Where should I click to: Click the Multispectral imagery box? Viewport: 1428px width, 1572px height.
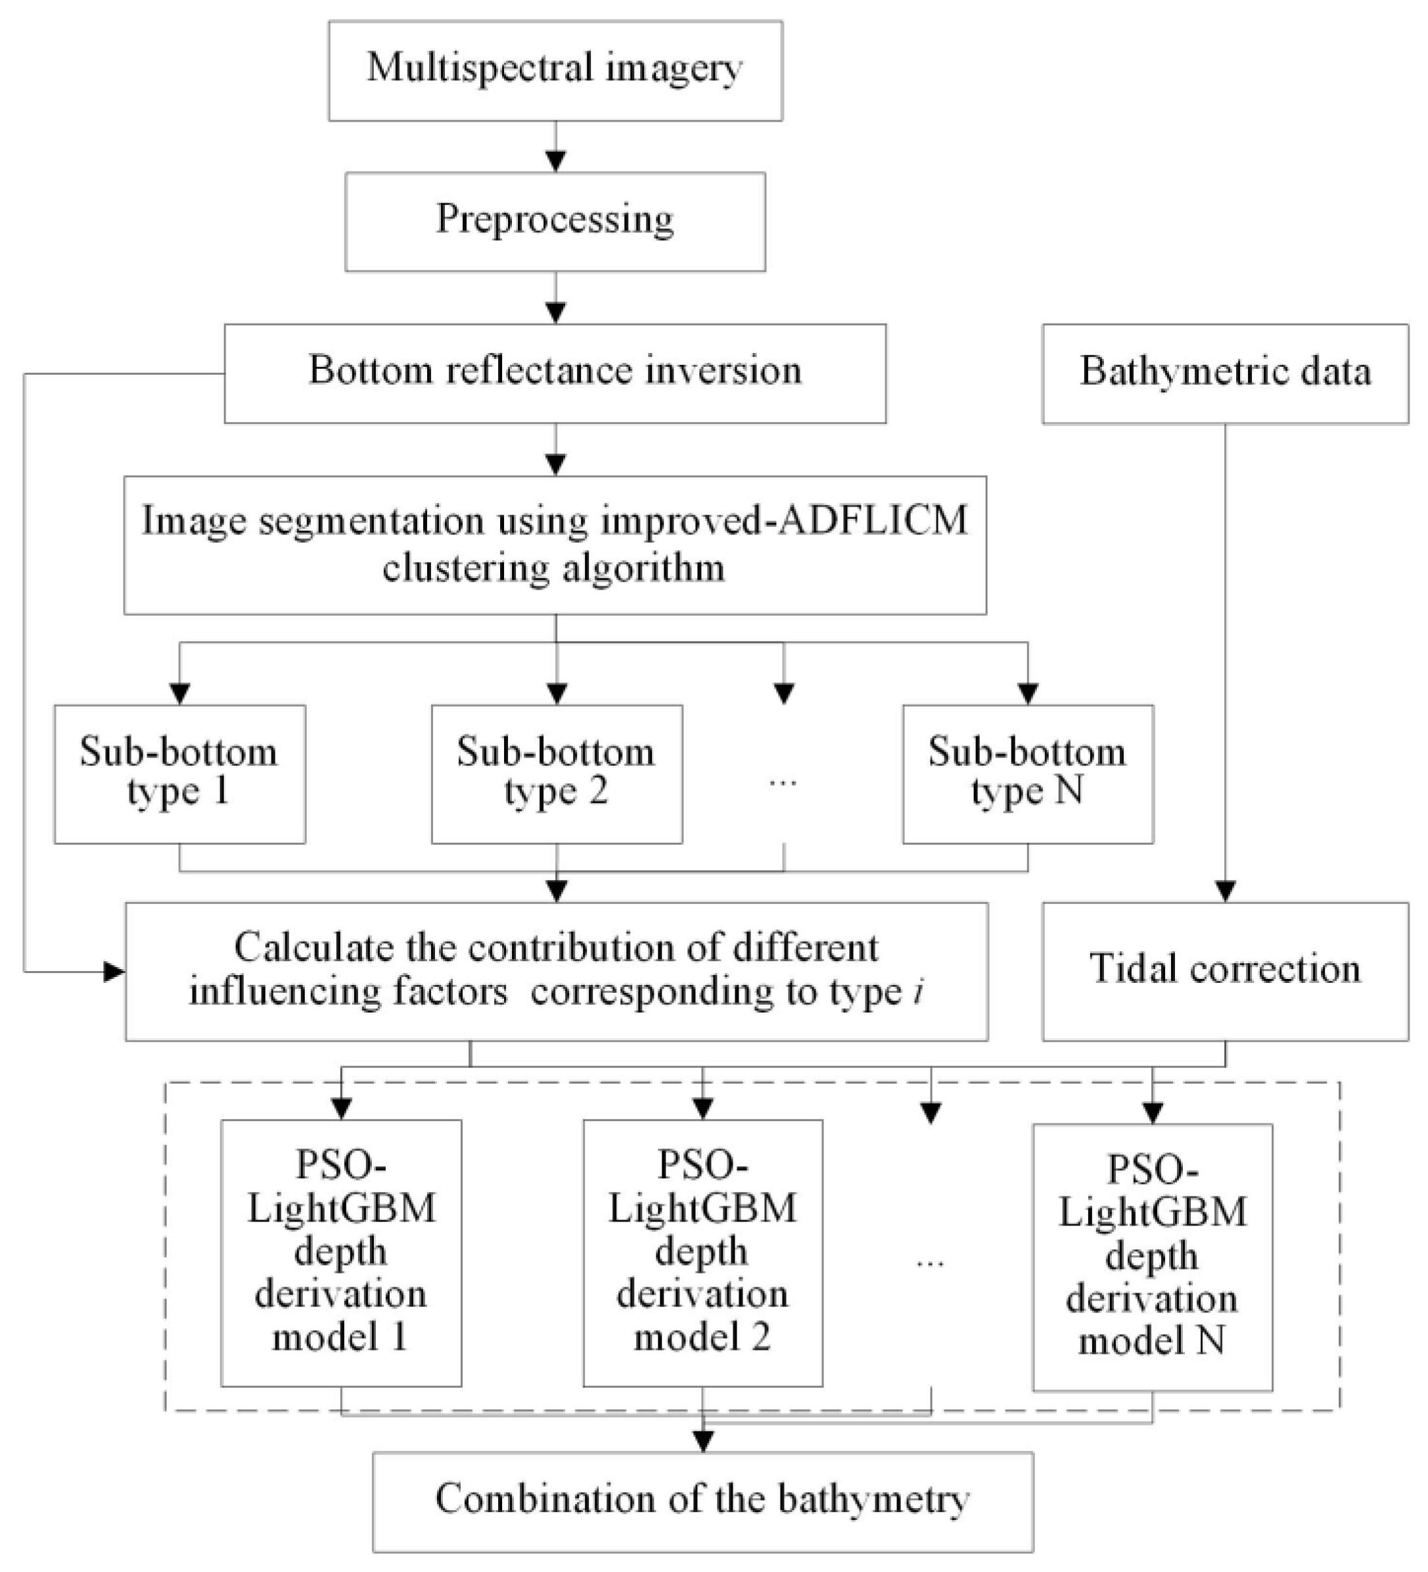(x=555, y=70)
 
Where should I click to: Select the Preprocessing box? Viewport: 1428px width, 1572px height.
(x=555, y=222)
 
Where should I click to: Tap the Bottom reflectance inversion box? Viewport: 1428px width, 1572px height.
(x=555, y=373)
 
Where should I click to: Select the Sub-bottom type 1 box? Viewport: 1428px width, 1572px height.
(x=179, y=774)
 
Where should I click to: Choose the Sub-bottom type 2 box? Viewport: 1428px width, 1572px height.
(x=557, y=774)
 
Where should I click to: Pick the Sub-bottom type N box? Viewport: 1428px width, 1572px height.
(x=1027, y=774)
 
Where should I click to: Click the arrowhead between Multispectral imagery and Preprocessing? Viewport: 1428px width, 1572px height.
(x=555, y=160)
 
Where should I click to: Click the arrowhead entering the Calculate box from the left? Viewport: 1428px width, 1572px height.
(x=114, y=972)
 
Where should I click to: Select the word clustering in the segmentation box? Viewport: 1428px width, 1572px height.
(x=464, y=567)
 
